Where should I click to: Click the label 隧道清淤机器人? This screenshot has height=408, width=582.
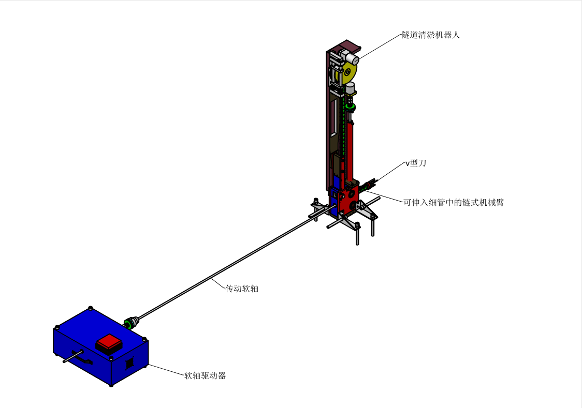pos(431,35)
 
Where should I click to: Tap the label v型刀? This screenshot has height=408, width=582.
pos(416,163)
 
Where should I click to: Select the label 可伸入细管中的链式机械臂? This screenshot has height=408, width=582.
pos(454,202)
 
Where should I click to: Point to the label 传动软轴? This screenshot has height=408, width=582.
pos(242,289)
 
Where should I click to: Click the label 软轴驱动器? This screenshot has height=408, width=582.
pos(205,375)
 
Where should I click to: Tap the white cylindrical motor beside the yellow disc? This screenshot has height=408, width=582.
pos(352,58)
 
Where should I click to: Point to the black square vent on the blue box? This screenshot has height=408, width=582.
pos(130,362)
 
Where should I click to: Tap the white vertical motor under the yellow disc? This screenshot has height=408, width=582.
pos(351,89)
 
